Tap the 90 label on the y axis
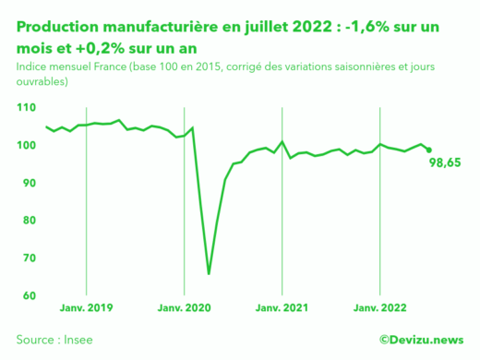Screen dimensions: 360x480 pos(29,183)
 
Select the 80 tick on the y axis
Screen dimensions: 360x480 pos(29,221)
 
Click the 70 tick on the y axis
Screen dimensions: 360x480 pos(29,258)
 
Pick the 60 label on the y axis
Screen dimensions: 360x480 pos(29,295)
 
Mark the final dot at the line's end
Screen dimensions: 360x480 pos(428,150)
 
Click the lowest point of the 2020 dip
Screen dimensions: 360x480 pos(209,273)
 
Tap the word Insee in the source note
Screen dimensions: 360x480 pos(77,340)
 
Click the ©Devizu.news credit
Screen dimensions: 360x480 pos(421,340)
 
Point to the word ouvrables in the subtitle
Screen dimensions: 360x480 pos(42,82)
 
